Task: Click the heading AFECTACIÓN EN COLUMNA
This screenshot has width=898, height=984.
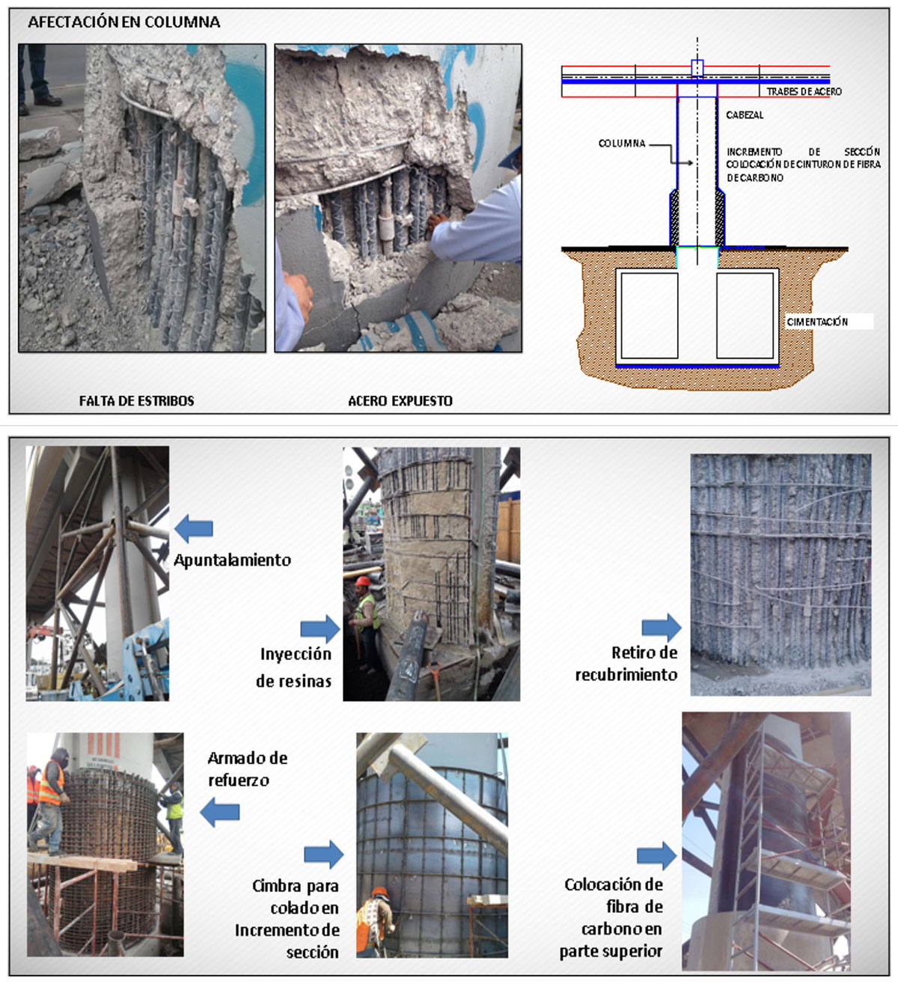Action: click(x=123, y=22)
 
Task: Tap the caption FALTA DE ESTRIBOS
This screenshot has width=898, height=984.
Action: click(x=136, y=401)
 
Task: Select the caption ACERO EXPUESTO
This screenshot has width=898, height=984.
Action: click(x=400, y=401)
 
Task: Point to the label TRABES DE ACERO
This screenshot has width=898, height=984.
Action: click(x=804, y=92)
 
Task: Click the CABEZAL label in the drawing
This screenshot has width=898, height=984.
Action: click(x=745, y=115)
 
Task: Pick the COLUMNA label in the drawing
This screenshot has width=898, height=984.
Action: click(x=622, y=143)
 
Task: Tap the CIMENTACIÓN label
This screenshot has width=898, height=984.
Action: click(x=817, y=322)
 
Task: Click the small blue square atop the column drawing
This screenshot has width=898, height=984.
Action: click(x=697, y=68)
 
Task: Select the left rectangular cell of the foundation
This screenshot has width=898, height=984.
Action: click(x=650, y=316)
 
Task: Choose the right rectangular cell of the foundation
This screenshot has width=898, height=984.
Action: click(x=745, y=316)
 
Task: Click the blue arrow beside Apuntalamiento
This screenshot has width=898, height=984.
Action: click(x=194, y=528)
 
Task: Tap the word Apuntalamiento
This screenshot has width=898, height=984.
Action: click(x=232, y=560)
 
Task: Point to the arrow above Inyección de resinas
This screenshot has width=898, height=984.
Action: click(x=320, y=629)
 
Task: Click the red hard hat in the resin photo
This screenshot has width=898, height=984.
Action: click(x=362, y=581)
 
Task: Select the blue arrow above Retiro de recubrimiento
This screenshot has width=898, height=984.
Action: click(x=662, y=627)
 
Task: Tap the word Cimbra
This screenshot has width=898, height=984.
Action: click(x=274, y=886)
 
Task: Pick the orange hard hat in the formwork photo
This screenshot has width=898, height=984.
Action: click(x=380, y=892)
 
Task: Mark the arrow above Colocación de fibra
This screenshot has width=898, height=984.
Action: click(x=656, y=855)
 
